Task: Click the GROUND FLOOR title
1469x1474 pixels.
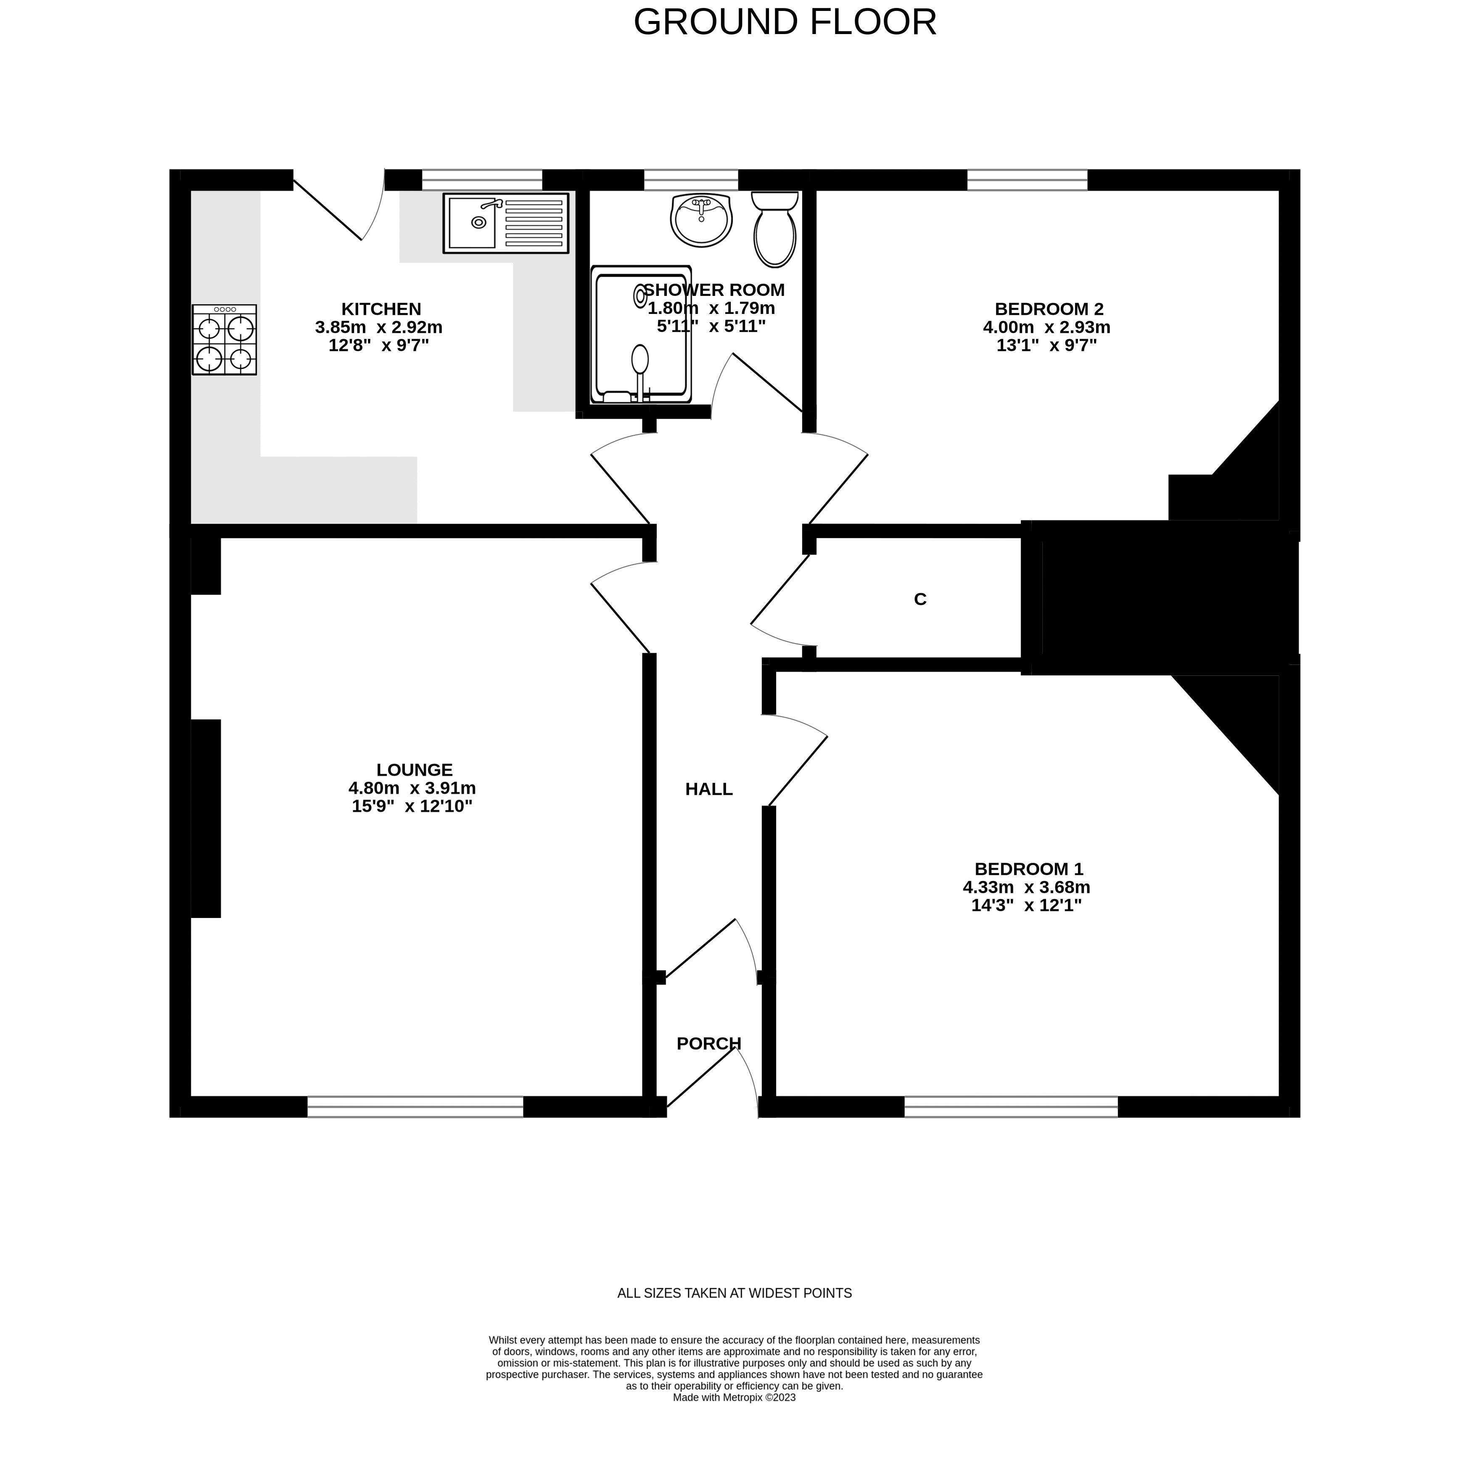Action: (x=785, y=22)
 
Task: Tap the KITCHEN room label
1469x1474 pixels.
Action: (x=381, y=309)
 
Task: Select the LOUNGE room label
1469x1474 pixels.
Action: (x=415, y=770)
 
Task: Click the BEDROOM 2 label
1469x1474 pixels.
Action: (x=1049, y=309)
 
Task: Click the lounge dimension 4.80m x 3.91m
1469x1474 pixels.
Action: (x=412, y=788)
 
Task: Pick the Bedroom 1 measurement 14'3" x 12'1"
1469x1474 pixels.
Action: (x=1026, y=906)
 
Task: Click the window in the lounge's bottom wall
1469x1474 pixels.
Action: (x=415, y=1107)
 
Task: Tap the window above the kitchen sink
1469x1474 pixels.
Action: (x=481, y=180)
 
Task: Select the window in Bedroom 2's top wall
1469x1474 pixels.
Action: (x=1027, y=180)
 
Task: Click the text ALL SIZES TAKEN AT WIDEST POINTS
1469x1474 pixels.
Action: (x=734, y=1293)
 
